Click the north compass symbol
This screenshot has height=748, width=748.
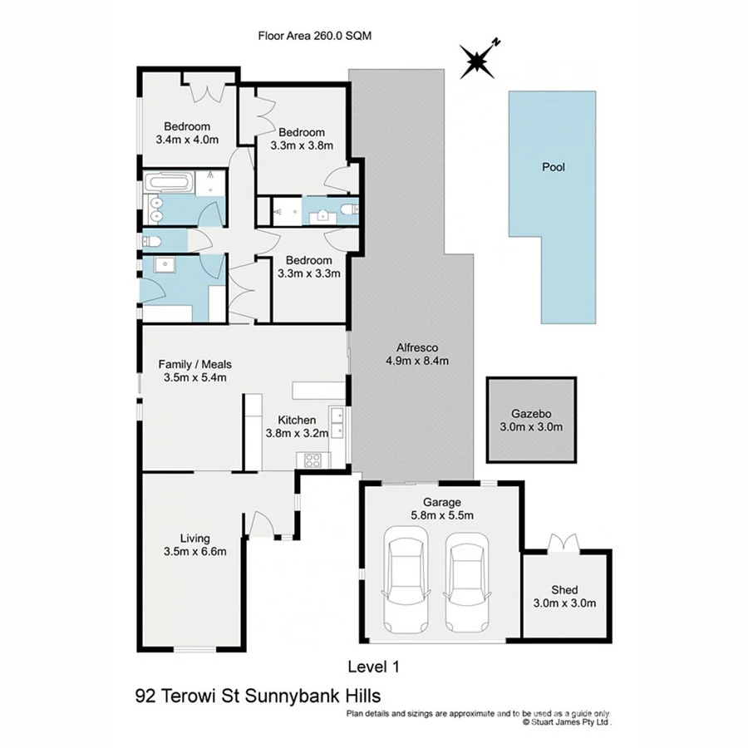[x=478, y=60]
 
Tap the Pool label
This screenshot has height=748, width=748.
[x=554, y=167]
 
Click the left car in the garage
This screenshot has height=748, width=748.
[x=406, y=583]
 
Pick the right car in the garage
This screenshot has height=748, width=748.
[x=466, y=583]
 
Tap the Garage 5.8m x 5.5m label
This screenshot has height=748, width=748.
[x=441, y=509]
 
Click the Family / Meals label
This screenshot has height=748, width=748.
[x=194, y=371]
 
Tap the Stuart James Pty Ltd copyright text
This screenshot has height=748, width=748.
[x=567, y=723]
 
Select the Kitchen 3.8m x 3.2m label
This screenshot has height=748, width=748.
[x=297, y=426]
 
